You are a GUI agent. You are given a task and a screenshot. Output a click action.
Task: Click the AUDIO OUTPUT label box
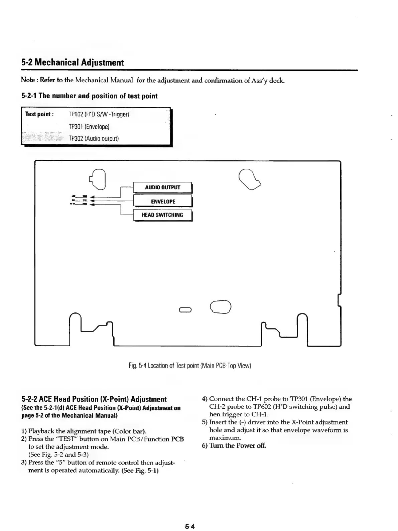[162, 187]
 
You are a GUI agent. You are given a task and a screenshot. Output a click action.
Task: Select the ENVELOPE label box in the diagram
[163, 202]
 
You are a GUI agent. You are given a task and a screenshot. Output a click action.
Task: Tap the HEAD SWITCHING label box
[162, 215]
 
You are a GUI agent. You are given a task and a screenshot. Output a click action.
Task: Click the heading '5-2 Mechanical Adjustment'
[73, 62]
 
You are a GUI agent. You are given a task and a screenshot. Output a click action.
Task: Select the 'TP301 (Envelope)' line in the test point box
[89, 127]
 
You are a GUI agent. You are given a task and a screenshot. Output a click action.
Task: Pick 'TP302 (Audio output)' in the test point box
[94, 138]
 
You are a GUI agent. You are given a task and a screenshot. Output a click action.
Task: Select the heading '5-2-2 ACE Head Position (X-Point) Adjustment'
[94, 399]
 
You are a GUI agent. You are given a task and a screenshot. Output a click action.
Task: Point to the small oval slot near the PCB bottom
[185, 309]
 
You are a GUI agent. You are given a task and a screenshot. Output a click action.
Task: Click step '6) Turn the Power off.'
[234, 445]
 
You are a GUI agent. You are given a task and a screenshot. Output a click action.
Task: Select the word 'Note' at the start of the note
[27, 80]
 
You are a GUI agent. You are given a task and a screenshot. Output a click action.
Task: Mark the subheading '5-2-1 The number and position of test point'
[89, 96]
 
